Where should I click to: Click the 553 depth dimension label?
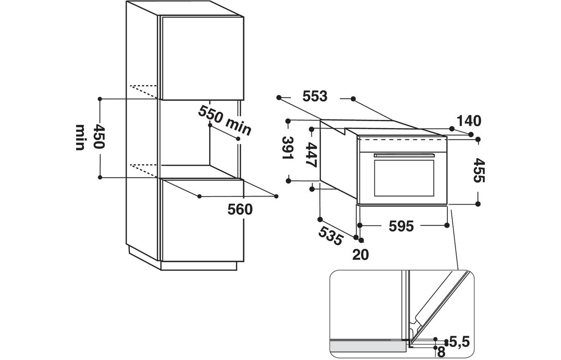click(315, 97)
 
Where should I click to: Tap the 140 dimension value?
click(468, 121)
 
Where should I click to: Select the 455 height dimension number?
click(478, 170)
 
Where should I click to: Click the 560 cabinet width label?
click(240, 210)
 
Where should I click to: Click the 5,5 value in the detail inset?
click(459, 342)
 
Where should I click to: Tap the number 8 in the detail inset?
click(441, 353)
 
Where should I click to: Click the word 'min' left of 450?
click(81, 137)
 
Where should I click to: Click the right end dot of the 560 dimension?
click(276, 196)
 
